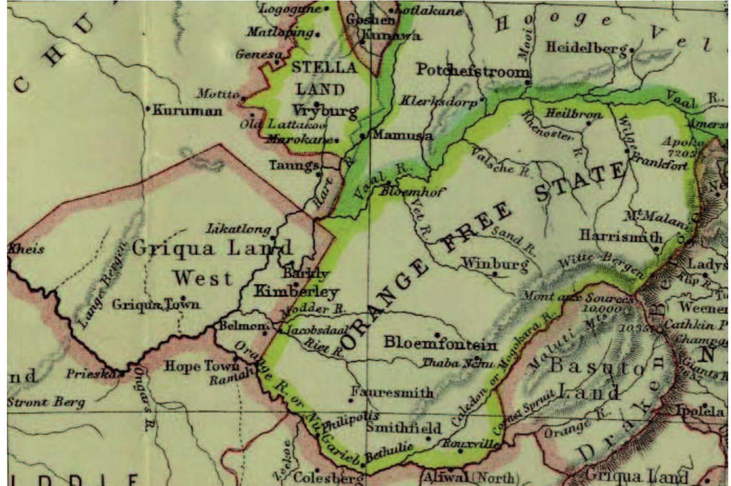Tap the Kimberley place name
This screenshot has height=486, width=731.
pos(297,292)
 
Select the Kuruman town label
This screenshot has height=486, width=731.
pos(188,111)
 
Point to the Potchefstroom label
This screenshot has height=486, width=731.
pos(472,71)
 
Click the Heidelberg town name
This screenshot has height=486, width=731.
pos(586,48)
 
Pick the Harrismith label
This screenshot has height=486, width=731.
pos(621,237)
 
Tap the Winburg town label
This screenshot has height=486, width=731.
pos(494,264)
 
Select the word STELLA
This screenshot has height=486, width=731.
pos(324,67)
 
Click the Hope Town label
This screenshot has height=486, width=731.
pos(202,366)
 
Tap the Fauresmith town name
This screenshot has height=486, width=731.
pos(392,393)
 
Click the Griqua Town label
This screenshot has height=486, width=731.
pos(155,305)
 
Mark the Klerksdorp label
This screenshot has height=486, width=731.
pos(438,102)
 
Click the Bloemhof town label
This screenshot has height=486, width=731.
pos(412,192)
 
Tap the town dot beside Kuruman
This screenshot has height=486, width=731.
pos(148,109)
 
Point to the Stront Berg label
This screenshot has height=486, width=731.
pos(46,402)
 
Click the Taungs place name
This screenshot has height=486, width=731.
pos(293,166)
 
